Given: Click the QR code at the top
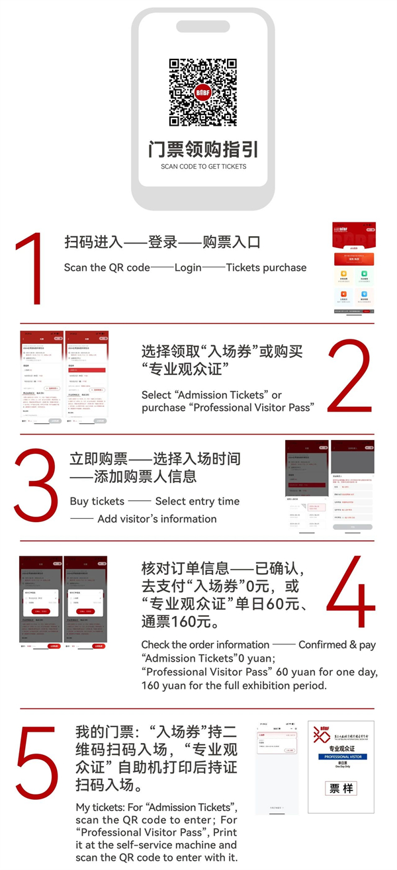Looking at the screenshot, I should (x=203, y=93).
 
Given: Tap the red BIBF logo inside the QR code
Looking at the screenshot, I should (x=203, y=93).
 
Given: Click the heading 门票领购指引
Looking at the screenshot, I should (x=203, y=148).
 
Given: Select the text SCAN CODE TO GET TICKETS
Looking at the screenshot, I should (x=203, y=167).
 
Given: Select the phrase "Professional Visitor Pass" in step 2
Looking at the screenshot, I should (x=251, y=408).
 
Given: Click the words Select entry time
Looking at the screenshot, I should (x=197, y=501).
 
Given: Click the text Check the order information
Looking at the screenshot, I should (x=205, y=644).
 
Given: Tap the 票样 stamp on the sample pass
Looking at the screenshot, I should (x=341, y=789).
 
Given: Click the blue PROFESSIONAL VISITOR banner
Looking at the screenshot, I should (x=340, y=756).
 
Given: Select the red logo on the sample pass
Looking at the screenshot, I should (x=321, y=734).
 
